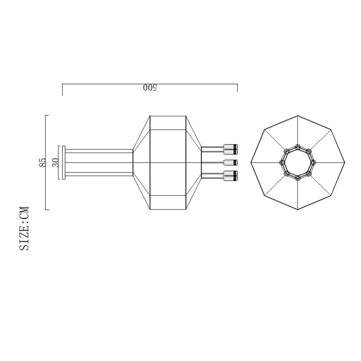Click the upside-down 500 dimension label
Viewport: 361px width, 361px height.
(149, 88)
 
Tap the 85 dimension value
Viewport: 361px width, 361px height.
(43, 162)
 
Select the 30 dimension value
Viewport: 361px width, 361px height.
(55, 162)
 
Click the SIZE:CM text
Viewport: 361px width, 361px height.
(24, 228)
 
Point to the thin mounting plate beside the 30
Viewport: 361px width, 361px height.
(64, 162)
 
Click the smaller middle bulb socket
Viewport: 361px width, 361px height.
(230, 162)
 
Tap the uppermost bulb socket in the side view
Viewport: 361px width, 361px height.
(230, 148)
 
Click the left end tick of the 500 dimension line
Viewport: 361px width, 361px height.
(62, 90)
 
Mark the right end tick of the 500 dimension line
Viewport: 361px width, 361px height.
(237, 88)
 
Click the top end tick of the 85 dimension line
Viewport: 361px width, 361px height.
(47, 116)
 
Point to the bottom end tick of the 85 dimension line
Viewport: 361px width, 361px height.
(47, 209)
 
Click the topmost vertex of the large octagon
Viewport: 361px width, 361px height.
(297, 116)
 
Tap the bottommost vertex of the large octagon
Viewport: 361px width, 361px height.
(297, 210)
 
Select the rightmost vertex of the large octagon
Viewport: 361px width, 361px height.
(345, 162)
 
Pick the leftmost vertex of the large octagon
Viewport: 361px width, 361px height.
(251, 162)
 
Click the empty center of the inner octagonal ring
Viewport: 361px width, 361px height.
(298, 162)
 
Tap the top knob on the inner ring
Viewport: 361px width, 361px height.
(297, 147)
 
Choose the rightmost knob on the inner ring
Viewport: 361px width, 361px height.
(313, 162)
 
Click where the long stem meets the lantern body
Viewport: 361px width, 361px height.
(133, 162)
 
